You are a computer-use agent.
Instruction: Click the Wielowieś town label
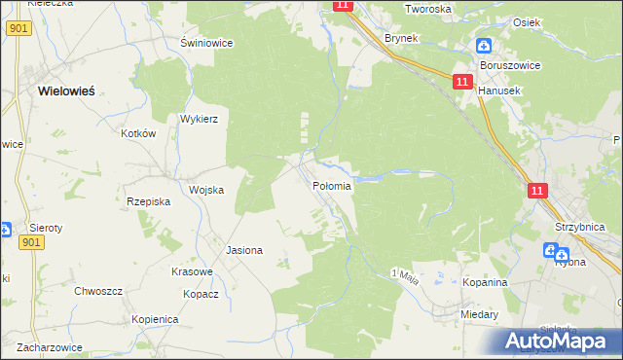click(x=66, y=90)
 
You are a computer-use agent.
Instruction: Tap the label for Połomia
click(x=331, y=186)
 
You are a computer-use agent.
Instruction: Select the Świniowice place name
click(x=204, y=43)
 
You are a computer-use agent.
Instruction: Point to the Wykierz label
click(x=199, y=119)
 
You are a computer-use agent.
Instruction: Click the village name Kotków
click(x=138, y=133)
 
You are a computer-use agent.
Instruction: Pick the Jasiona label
click(x=244, y=250)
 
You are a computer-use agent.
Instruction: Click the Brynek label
click(x=401, y=38)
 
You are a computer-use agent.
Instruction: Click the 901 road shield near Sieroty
click(x=31, y=242)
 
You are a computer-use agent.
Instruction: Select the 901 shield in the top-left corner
click(x=17, y=29)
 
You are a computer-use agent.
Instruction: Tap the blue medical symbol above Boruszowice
click(x=484, y=45)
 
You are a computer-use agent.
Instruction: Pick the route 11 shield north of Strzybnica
click(x=537, y=192)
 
